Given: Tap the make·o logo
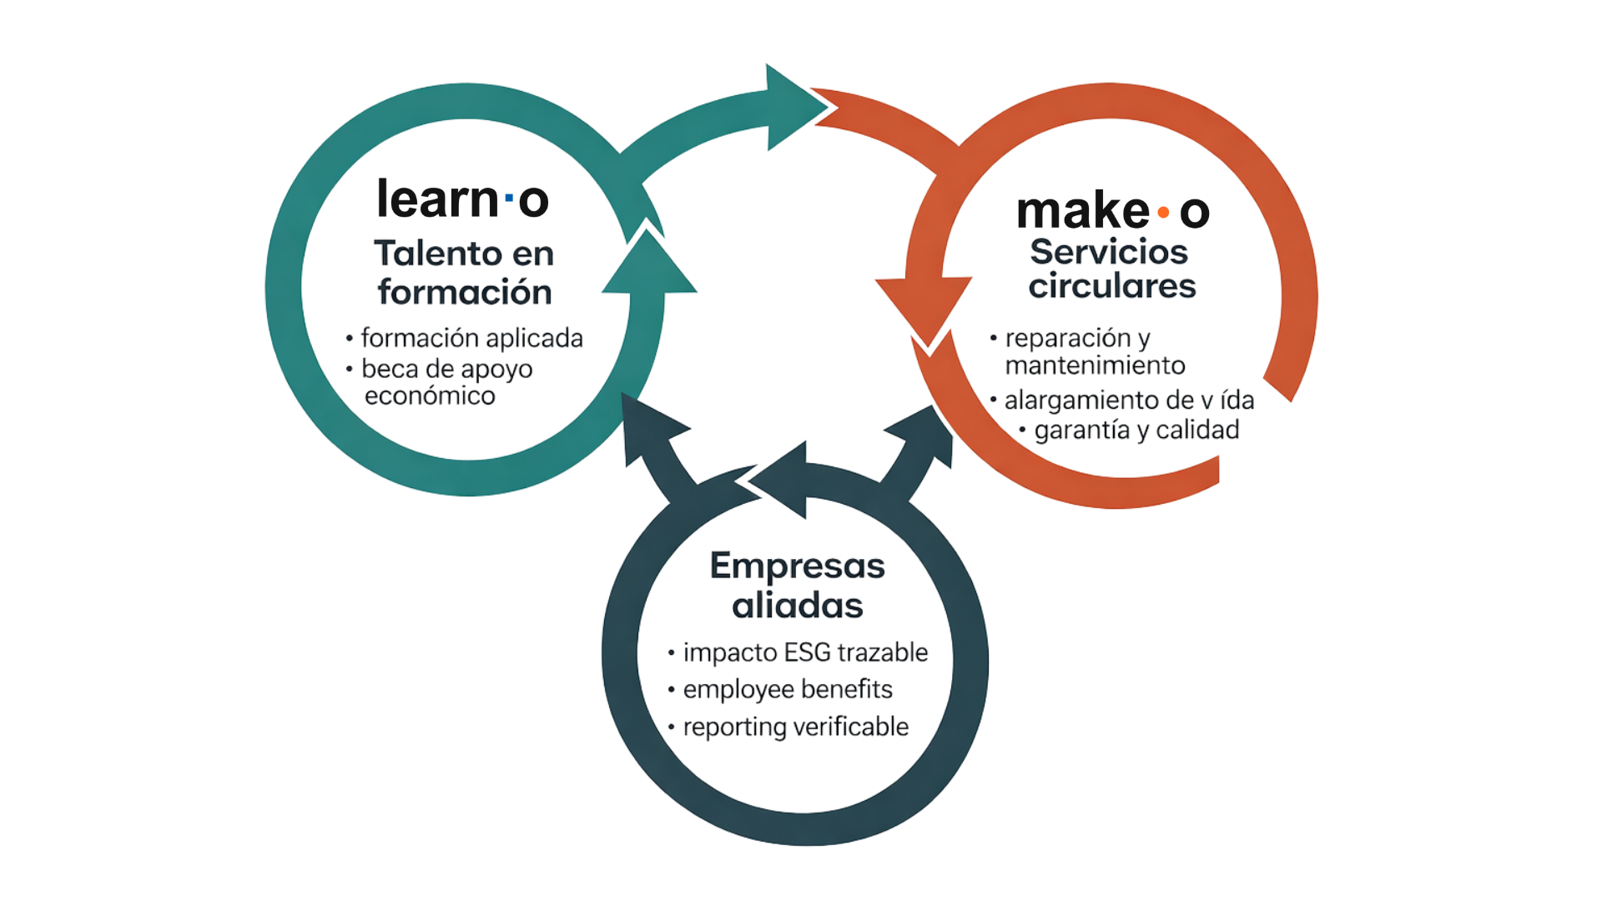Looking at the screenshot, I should pos(1113,212).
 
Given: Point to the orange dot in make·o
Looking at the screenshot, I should pos(1162,214).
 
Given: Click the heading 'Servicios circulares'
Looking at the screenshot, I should pos(1111,269).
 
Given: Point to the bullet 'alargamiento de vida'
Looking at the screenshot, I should pos(1129,401).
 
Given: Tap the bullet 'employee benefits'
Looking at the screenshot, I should pos(787,690).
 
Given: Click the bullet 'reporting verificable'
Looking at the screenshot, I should pos(795,727).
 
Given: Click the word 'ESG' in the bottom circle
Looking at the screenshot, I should pos(808,652).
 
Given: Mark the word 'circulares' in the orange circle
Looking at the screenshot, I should pos(1111,286).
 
